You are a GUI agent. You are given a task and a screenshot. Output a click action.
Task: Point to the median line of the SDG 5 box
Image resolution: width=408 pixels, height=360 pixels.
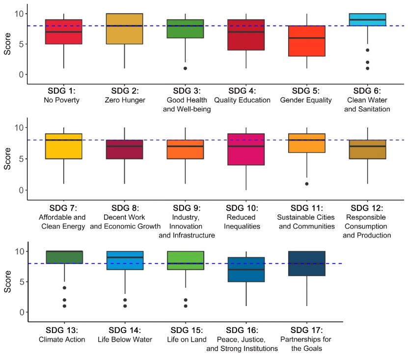tap(307, 38)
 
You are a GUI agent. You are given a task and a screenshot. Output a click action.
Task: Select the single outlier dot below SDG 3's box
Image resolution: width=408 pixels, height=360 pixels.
tap(185, 68)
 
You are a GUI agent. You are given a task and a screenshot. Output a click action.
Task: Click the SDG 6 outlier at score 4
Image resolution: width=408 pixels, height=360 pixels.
tap(367, 50)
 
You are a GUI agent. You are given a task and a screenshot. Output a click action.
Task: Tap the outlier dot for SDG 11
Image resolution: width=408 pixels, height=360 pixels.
tap(307, 184)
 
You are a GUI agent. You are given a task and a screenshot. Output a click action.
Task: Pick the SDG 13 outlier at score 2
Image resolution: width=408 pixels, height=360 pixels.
tap(64, 300)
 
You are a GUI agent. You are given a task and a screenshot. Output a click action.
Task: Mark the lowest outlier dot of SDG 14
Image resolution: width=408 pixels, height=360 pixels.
tap(125, 306)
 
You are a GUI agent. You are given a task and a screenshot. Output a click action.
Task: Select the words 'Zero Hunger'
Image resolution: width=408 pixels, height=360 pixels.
tap(124, 101)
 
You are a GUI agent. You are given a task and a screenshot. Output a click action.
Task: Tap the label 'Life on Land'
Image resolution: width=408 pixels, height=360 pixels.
tap(185, 339)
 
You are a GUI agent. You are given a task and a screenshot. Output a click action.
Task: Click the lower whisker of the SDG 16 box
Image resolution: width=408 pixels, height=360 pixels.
tap(246, 294)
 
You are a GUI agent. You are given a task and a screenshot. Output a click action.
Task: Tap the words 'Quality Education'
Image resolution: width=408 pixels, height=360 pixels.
tap(246, 101)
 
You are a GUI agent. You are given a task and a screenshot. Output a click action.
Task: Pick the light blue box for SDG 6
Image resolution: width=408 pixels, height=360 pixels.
tap(367, 20)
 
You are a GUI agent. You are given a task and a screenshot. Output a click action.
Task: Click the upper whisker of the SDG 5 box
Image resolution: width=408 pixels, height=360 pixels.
tap(307, 20)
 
